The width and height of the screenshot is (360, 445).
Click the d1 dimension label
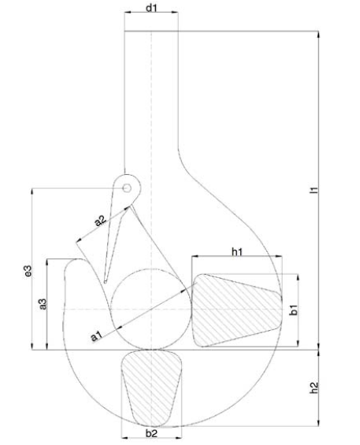click(151, 8)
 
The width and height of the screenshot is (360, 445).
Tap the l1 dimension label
click(314, 190)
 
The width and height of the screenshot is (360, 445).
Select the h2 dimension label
click(314, 388)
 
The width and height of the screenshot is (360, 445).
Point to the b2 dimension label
click(151, 433)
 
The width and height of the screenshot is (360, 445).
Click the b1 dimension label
click(294, 310)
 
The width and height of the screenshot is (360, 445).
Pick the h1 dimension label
click(237, 251)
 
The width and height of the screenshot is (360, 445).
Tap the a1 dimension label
click(97, 336)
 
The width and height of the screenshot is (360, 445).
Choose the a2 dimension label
click(101, 221)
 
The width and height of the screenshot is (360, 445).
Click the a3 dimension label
click(43, 304)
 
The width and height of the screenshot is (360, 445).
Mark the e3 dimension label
click(28, 271)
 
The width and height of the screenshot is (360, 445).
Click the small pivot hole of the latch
click(127, 188)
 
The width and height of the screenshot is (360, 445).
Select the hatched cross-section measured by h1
click(237, 310)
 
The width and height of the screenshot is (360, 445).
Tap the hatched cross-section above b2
click(151, 388)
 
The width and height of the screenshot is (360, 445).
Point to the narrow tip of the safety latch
click(106, 282)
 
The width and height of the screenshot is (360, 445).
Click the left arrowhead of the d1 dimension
click(127, 12)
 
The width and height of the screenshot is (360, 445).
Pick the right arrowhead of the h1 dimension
click(280, 256)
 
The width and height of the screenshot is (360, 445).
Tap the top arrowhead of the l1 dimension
click(318, 34)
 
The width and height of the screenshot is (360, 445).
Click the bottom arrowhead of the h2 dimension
click(318, 423)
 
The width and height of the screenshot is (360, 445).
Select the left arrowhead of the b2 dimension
click(124, 438)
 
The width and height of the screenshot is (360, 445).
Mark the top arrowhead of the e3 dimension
click(32, 191)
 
